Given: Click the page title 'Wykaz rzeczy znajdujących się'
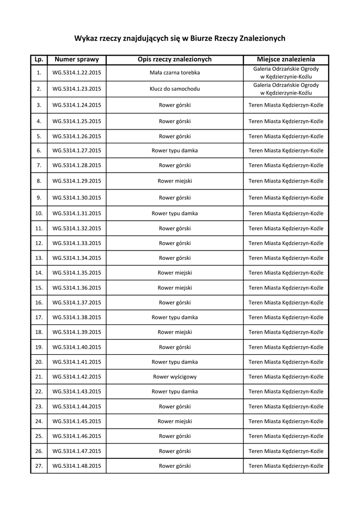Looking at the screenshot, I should point(180,38).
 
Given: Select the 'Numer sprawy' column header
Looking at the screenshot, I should point(76,60).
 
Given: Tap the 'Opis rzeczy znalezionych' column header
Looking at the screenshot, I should point(175,60).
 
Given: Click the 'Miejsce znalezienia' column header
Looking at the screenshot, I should point(286,60).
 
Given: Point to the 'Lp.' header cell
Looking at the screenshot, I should point(39,60).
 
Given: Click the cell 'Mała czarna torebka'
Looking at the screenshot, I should point(175,73).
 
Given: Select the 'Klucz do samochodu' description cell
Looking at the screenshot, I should point(175,89).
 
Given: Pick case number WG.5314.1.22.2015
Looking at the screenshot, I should point(76,73).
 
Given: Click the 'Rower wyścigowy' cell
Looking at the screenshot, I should point(175,377).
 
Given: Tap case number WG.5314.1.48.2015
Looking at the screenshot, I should point(76,466).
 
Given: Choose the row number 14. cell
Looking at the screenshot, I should point(39,273).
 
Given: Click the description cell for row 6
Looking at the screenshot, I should point(175,150).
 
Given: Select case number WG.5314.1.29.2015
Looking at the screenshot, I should point(76,181).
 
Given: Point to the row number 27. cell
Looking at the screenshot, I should point(39,466).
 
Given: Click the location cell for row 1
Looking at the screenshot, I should point(286,73).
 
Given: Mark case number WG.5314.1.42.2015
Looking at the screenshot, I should point(76,377).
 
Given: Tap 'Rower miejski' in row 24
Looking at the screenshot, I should point(175,421).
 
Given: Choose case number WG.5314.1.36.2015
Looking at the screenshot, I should point(76,288).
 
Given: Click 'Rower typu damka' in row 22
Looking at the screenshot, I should point(175,391).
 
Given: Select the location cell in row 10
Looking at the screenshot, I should point(286,213).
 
